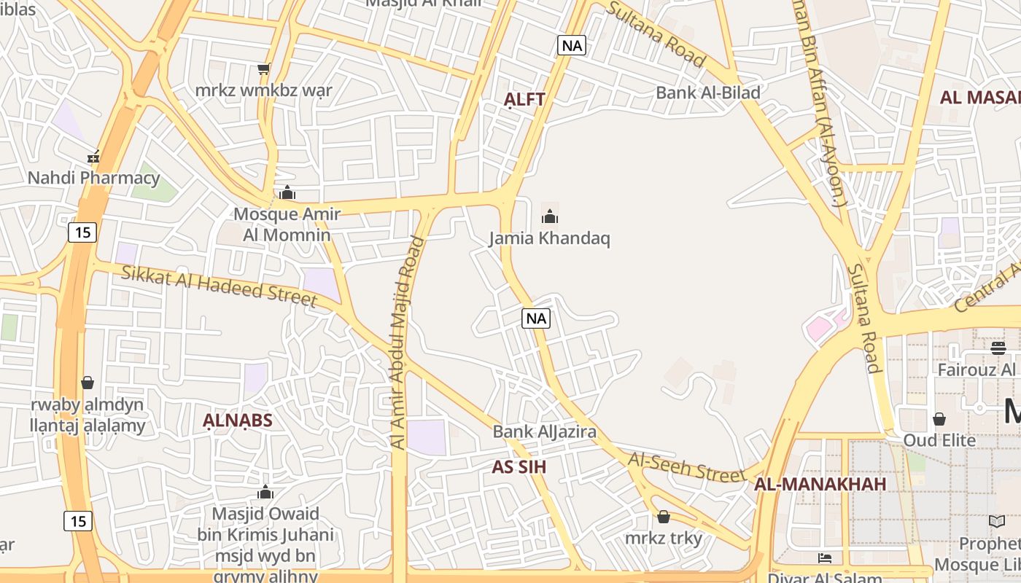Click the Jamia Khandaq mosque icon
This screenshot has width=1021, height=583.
pyautogui.click(x=550, y=216)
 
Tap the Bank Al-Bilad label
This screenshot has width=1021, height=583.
pyautogui.click(x=707, y=93)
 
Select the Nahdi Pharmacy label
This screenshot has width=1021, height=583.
pyautogui.click(x=93, y=178)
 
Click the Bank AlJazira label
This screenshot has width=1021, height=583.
pyautogui.click(x=544, y=431)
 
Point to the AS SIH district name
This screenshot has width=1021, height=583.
pyautogui.click(x=519, y=467)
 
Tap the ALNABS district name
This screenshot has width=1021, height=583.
pyautogui.click(x=238, y=420)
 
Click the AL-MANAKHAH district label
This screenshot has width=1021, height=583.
pyautogui.click(x=820, y=484)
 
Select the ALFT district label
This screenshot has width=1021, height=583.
pyautogui.click(x=525, y=100)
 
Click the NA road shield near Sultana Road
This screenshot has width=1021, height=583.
pyautogui.click(x=572, y=45)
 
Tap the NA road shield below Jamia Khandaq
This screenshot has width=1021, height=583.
pyautogui.click(x=536, y=318)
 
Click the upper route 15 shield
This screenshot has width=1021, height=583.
pyautogui.click(x=83, y=232)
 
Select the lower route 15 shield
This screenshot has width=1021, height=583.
pyautogui.click(x=78, y=521)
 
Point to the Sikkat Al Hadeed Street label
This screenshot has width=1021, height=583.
pyautogui.click(x=219, y=286)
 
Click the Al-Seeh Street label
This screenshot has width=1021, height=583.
pyautogui.click(x=687, y=467)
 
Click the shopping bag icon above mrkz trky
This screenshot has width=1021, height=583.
pyautogui.click(x=664, y=517)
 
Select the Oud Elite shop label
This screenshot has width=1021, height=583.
pyautogui.click(x=939, y=440)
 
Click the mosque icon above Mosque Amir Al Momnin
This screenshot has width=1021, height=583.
pyautogui.click(x=287, y=193)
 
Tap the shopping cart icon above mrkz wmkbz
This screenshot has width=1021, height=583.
pyautogui.click(x=264, y=69)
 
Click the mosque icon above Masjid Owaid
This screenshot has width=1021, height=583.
pyautogui.click(x=265, y=493)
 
